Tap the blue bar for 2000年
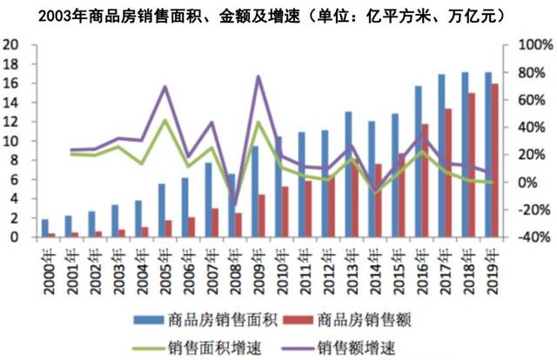[45, 228]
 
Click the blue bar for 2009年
[254, 191]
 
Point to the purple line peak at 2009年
[258, 77]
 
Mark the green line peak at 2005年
[164, 119]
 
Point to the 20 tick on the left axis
[10, 45]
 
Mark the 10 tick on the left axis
[10, 141]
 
